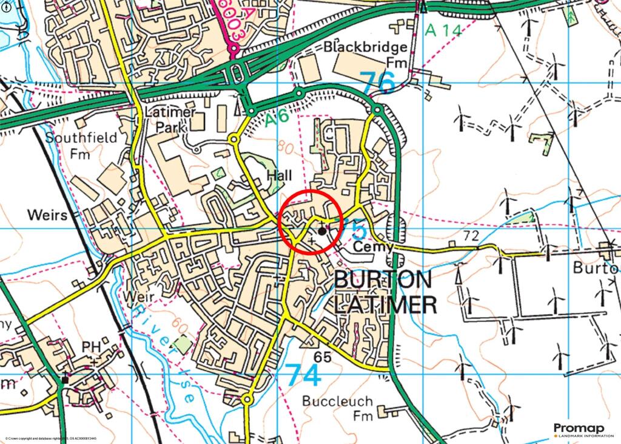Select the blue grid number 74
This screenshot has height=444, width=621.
(302, 375)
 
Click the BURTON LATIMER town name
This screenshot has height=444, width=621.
(384, 292)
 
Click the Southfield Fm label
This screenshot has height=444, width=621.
(82, 145)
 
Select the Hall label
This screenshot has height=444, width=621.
(279, 176)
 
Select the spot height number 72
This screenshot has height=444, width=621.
(470, 234)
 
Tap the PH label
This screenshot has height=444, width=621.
(91, 346)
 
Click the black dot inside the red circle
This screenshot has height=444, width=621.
(321, 231)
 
